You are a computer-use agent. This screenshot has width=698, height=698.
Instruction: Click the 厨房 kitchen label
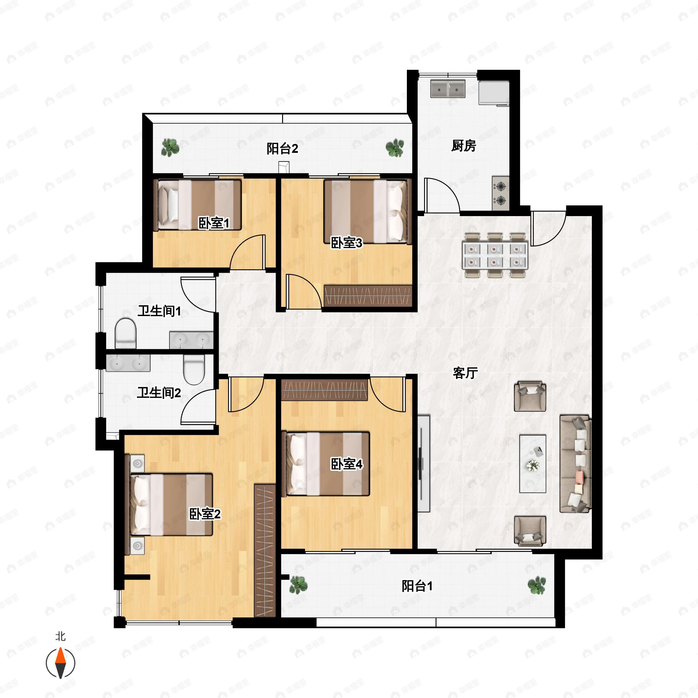[464, 146]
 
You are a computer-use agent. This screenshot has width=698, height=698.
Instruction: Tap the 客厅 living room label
[465, 373]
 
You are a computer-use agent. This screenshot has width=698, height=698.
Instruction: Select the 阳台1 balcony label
[417, 586]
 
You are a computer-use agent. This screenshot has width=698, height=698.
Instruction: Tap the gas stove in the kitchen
[500, 193]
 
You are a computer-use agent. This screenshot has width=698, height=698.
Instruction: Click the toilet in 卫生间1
[125, 333]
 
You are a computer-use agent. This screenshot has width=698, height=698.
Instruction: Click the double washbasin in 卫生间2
[128, 363]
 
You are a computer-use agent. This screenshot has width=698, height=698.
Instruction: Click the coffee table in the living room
[533, 464]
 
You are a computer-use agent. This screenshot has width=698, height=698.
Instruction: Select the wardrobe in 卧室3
[368, 296]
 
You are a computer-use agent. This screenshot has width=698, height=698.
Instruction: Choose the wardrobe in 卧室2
[265, 551]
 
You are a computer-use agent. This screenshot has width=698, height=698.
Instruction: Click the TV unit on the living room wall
[423, 464]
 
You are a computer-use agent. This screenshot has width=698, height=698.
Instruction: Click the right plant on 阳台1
[537, 585]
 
